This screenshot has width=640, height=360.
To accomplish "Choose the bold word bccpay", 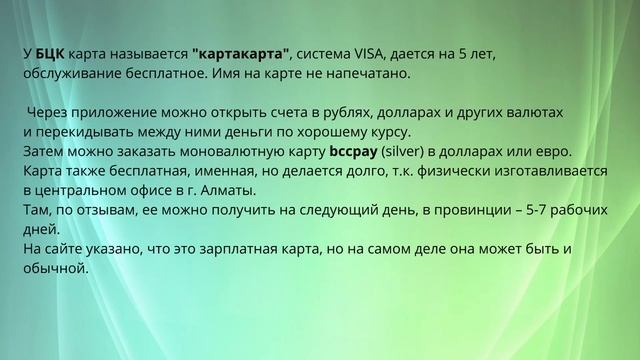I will [360, 151].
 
